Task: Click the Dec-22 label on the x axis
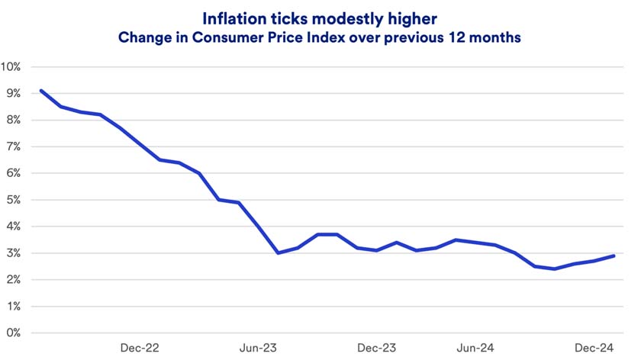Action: click(140, 349)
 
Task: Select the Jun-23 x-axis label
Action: click(259, 349)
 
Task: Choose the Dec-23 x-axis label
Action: click(377, 349)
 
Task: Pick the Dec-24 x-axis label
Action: click(594, 349)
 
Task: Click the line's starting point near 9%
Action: click(40, 91)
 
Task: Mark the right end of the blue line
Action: click(614, 256)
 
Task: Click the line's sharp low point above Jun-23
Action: click(278, 252)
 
